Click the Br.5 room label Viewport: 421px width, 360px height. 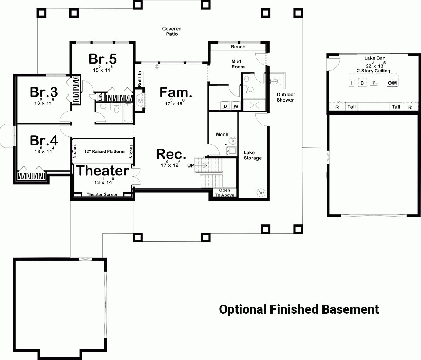[x=102, y=59]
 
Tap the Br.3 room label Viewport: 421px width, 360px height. [x=44, y=92]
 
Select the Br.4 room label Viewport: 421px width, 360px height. [x=44, y=140]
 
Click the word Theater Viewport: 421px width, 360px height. [x=103, y=171]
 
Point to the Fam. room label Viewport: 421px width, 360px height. [x=176, y=92]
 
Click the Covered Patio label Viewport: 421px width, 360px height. [x=172, y=31]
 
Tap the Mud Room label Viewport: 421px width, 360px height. [x=238, y=64]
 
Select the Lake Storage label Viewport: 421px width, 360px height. [x=252, y=155]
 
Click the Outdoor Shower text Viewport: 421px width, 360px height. [x=286, y=97]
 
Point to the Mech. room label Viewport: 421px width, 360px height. [x=223, y=135]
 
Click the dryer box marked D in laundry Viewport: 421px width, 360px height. [x=225, y=106]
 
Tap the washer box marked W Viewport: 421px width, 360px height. [x=236, y=106]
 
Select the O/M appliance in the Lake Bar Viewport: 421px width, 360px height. [x=392, y=83]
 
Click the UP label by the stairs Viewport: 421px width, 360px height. [x=191, y=165]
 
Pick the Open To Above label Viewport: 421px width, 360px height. [x=225, y=193]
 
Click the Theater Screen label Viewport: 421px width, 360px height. [x=102, y=194]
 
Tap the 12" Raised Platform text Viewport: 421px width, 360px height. [x=104, y=152]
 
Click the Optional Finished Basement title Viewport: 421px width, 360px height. [x=299, y=309]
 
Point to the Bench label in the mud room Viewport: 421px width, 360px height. [x=238, y=47]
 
